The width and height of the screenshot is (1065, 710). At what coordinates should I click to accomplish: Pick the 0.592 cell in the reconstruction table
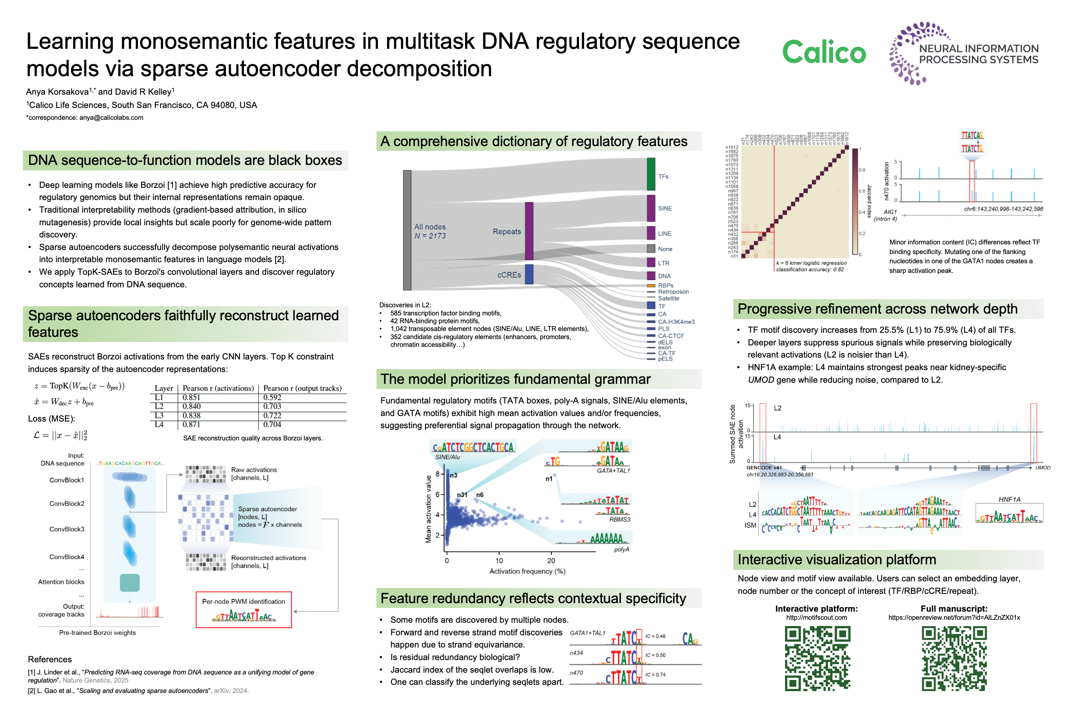pyautogui.click(x=272, y=398)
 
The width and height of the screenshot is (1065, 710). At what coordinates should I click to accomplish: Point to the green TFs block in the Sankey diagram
pyautogui.click(x=651, y=174)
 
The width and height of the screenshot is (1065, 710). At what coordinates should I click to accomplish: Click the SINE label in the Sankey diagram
pyautogui.click(x=665, y=209)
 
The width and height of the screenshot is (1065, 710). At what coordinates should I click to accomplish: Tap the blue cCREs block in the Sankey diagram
pyautogui.click(x=529, y=274)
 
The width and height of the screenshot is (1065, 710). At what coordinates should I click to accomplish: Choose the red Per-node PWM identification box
pyautogui.click(x=244, y=609)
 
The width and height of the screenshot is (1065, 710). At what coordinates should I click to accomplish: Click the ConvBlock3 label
pyautogui.click(x=67, y=529)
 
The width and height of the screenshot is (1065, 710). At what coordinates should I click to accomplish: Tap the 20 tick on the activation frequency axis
pyautogui.click(x=551, y=561)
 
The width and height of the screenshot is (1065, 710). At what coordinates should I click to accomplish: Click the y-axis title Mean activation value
pyautogui.click(x=428, y=508)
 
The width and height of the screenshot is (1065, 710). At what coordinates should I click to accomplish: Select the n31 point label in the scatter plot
pyautogui.click(x=462, y=495)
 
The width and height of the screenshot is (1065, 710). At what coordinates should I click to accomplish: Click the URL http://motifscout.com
pyautogui.click(x=816, y=618)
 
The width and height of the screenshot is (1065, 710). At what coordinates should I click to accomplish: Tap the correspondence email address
pyautogui.click(x=111, y=118)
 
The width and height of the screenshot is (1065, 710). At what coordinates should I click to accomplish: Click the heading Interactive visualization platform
pyautogui.click(x=836, y=559)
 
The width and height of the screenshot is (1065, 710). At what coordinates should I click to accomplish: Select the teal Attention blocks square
pyautogui.click(x=129, y=583)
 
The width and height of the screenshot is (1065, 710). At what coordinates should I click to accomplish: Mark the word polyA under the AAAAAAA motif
pyautogui.click(x=621, y=550)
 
